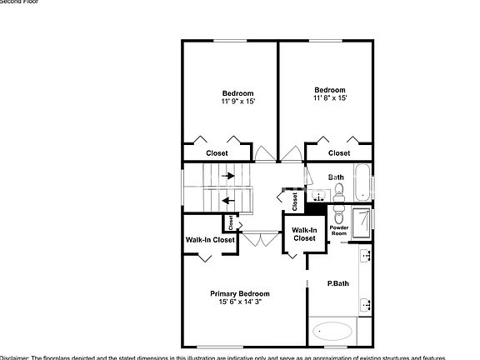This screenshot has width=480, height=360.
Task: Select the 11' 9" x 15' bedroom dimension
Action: pos(237,101)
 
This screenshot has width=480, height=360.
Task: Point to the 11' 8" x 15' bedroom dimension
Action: pos(330,97)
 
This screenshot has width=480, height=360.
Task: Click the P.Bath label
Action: pos(337,283)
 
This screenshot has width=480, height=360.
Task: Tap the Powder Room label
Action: pos(338,230)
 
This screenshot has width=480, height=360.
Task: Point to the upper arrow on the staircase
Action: pos(228,177)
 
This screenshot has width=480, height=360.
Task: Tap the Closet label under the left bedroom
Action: pos(217,153)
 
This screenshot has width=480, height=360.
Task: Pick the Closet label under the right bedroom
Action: pos(339,153)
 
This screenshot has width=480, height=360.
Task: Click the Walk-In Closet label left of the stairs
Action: pos(209,240)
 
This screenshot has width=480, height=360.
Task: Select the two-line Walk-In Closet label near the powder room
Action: pos(303,234)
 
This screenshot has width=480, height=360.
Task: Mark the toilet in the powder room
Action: pos(338,214)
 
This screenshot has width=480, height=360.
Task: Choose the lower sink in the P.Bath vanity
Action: pos(365,306)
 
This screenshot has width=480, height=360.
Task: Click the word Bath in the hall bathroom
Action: pos(336,177)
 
